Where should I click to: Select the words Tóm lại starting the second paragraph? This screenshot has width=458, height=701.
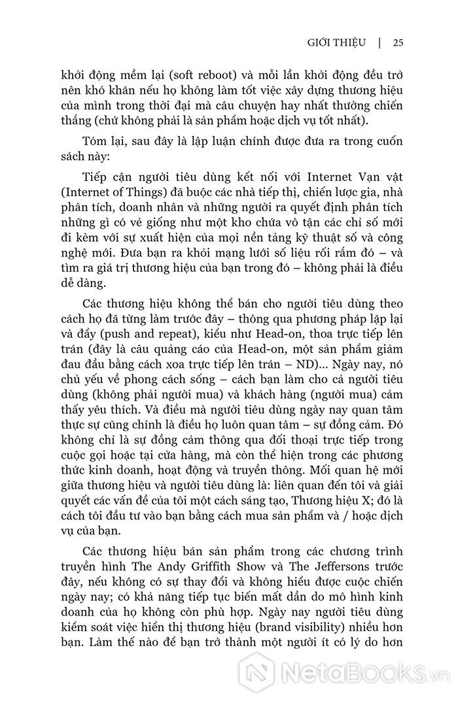click(x=102, y=143)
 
